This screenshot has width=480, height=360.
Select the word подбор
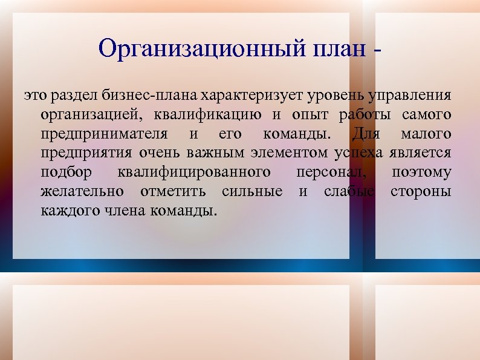click(x=66, y=172)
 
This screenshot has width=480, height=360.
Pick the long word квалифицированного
click(x=194, y=172)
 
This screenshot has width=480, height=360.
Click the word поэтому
click(x=421, y=172)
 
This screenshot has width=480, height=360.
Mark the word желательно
click(x=83, y=192)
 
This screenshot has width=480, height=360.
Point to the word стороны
click(x=421, y=192)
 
